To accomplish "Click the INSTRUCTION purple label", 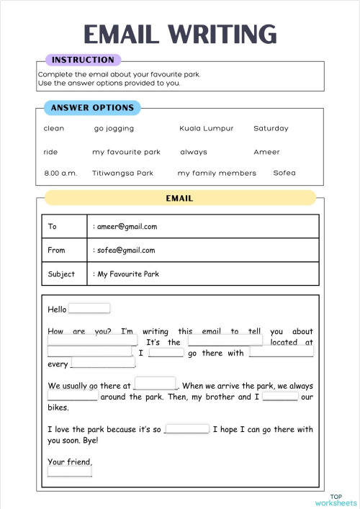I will (83, 60).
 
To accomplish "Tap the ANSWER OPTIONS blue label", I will (92, 108).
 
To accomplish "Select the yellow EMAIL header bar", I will (180, 198).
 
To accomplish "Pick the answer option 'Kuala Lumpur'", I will (207, 128).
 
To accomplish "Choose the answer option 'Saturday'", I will (271, 128).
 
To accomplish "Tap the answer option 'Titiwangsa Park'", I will (122, 173).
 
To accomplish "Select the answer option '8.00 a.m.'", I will (60, 173).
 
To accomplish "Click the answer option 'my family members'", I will (217, 173).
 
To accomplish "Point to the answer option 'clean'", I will (54, 128).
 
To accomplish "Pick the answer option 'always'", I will (194, 152).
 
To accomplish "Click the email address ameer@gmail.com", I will (127, 226).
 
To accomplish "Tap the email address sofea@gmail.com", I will (126, 250).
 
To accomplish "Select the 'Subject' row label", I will (61, 274).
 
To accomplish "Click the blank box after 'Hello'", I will (89, 308).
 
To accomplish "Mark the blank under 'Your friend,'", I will (70, 472).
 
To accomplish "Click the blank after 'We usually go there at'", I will (155, 384).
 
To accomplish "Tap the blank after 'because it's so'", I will (186, 428).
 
